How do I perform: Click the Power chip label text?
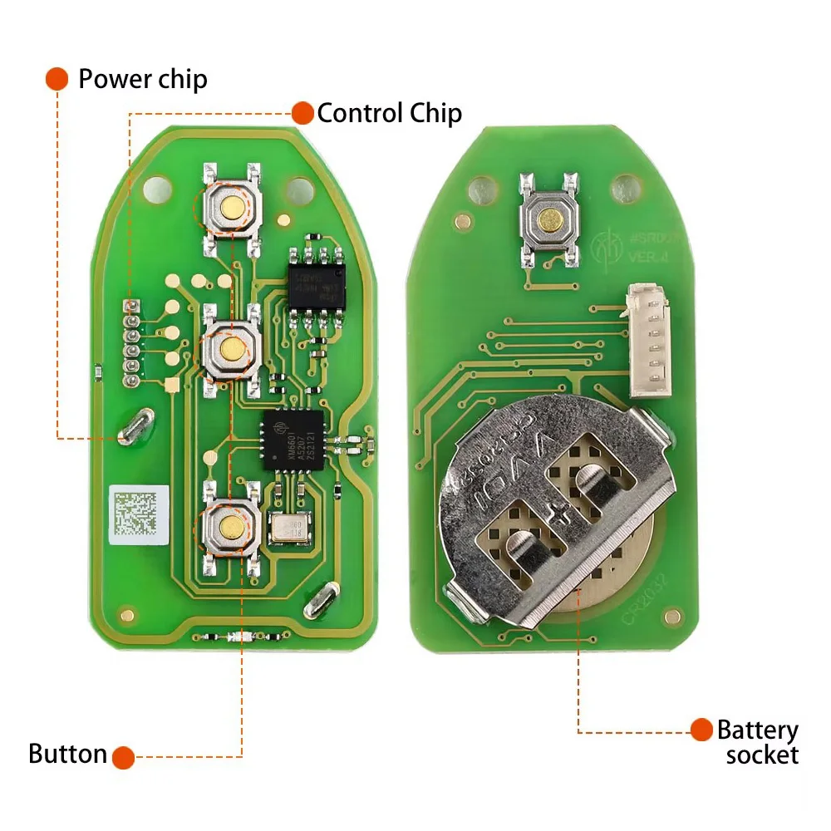coord(142,79)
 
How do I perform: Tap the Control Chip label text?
coord(389,112)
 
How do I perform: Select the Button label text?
coord(67,755)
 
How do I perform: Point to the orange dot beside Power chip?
coord(57,79)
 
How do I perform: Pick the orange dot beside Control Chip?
coord(302,112)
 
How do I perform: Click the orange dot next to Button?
coord(124,756)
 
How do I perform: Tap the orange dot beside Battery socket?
coord(703,730)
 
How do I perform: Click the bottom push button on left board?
coord(230,525)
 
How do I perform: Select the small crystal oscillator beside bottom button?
coord(288,528)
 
